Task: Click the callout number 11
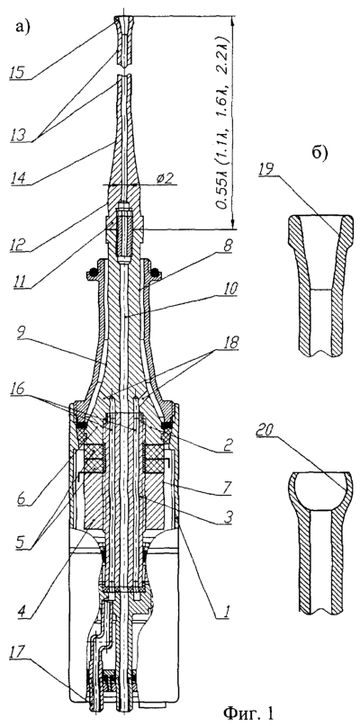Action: (20, 281)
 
